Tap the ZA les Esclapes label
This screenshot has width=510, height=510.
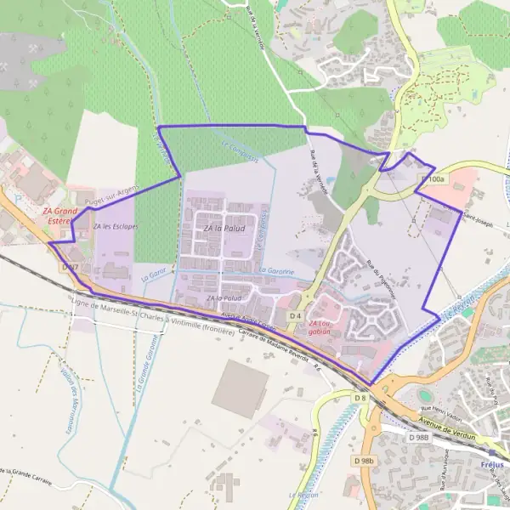[116, 226]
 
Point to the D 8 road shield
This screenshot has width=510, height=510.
[360, 397]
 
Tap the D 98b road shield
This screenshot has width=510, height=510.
[365, 461]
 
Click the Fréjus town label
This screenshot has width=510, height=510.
[491, 465]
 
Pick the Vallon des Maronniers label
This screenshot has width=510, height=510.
[76, 399]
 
